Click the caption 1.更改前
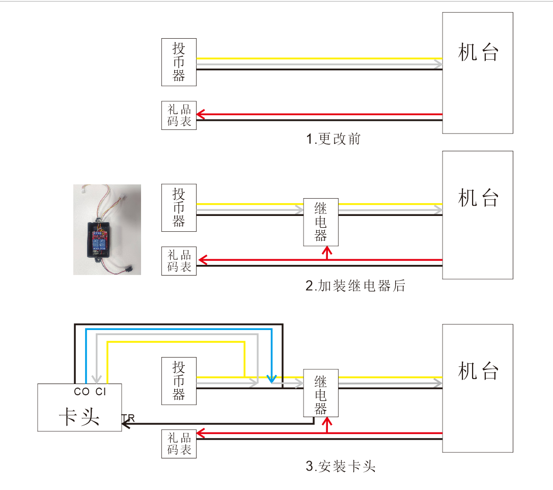coord(334,139)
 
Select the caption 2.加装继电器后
coord(355,286)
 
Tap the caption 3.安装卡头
coord(341,466)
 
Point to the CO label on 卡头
coord(81,392)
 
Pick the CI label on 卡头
coord(101,392)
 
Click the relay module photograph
coord(107,229)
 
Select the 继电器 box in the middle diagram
coord(321,222)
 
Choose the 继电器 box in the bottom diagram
coord(321,395)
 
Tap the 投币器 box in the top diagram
coord(179,62)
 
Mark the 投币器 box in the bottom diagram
coord(179,381)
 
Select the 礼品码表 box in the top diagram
coord(179,115)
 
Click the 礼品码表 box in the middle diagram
coord(179,260)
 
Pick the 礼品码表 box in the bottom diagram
coord(179,444)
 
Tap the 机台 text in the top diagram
coord(478,52)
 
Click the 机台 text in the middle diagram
coord(478,198)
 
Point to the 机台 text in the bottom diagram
coord(478,371)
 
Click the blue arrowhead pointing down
coord(271,379)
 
